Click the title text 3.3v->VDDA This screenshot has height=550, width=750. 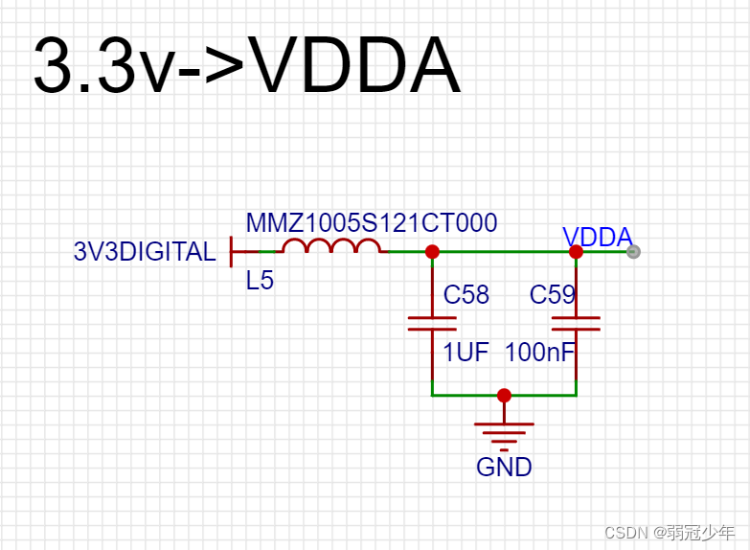pos(246,67)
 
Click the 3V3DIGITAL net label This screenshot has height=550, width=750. pos(145,252)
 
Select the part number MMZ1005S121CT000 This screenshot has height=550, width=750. pos(372,223)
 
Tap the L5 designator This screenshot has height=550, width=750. pos(260,281)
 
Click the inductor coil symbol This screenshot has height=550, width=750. pos(330,248)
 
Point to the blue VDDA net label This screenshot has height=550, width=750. pos(597,238)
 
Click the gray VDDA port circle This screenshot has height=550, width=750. pos(632,252)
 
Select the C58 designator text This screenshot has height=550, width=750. pos(466,295)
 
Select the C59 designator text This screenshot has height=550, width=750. pos(553,295)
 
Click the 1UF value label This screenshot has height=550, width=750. pos(466,353)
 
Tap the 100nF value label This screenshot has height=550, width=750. pos(539,353)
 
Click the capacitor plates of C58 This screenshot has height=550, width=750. pos(432,323)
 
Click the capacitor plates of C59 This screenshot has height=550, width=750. pos(576,323)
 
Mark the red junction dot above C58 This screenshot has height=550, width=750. pos(432,252)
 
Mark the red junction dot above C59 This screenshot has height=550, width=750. pos(576,252)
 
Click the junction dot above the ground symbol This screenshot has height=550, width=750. pos(504,395)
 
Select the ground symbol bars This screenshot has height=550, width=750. pos(504,433)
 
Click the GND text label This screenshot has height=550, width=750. pos(504,468)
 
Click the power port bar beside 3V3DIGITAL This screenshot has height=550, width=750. pos(232,252)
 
